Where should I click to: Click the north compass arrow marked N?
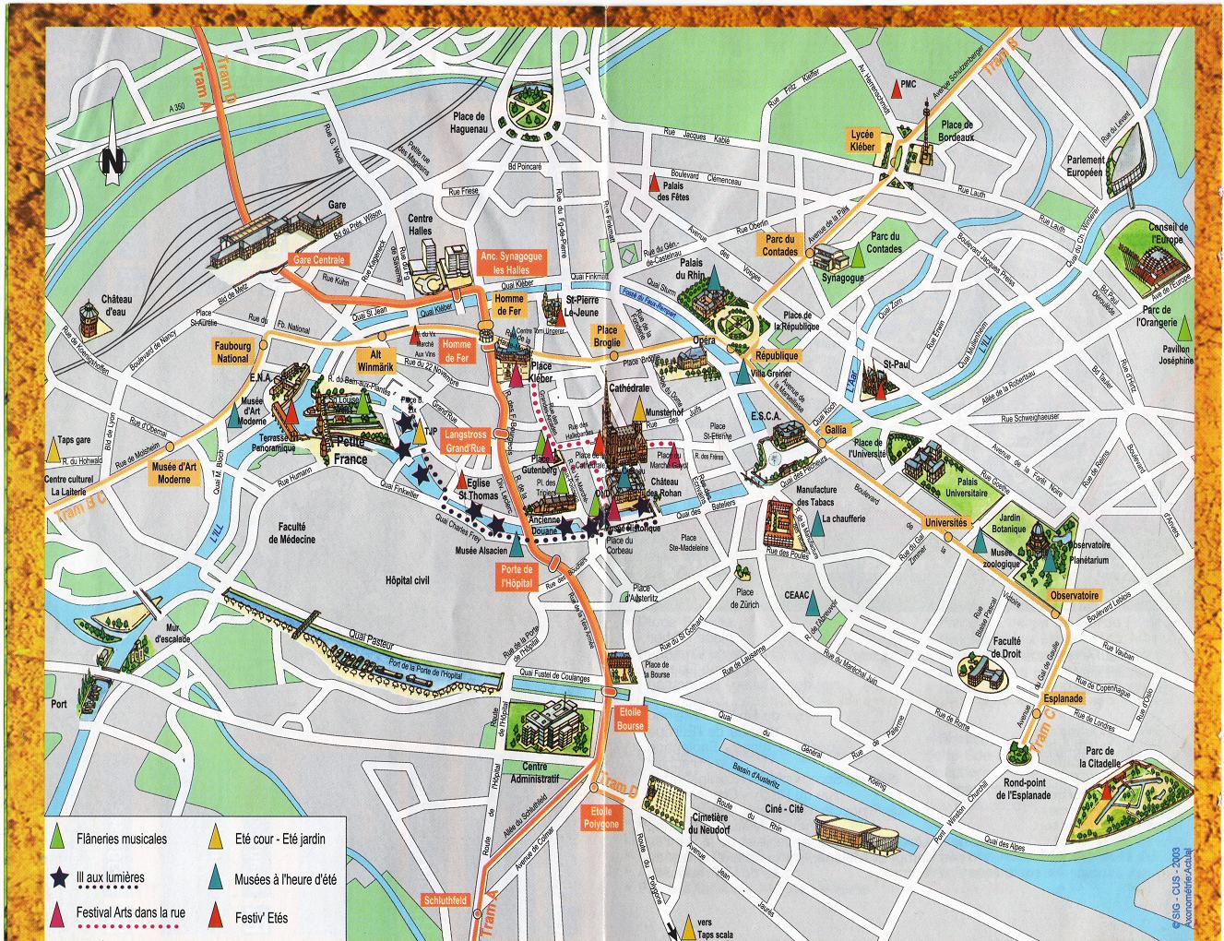(x=113, y=148)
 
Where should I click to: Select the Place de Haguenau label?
(x=469, y=123)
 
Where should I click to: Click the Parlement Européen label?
(x=1085, y=166)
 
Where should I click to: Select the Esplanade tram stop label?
(x=1063, y=698)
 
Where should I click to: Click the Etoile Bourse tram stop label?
(x=631, y=719)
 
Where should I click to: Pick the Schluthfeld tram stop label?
(x=445, y=899)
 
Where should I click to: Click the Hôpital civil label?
(x=407, y=580)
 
